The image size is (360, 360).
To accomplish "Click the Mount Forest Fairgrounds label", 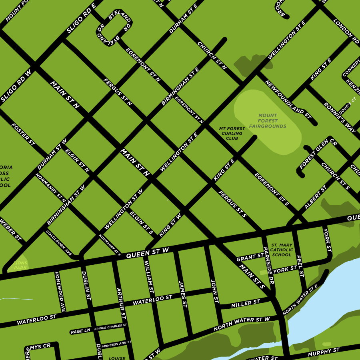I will point(268,121).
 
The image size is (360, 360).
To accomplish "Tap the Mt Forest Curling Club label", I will point(232,134).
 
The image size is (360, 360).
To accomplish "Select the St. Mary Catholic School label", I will point(282,250).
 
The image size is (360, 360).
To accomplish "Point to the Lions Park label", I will point(20,265).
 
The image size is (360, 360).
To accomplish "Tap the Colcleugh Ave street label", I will point(59,243).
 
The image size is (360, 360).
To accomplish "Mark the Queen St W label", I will point(147,252).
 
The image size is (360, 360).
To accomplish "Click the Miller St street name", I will point(246,304).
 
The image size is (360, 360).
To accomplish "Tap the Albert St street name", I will point(316,197).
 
